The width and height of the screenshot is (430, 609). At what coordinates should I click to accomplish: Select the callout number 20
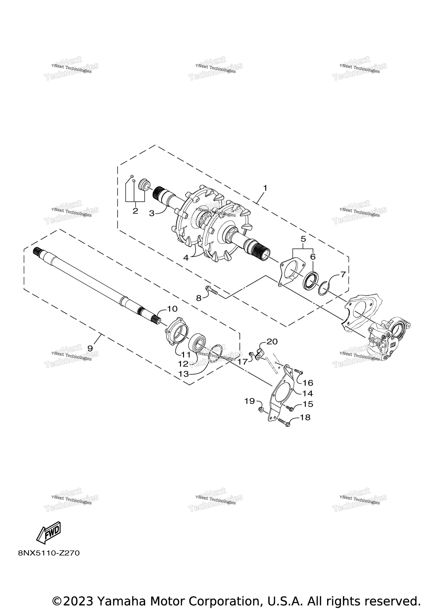[x=272, y=341]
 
